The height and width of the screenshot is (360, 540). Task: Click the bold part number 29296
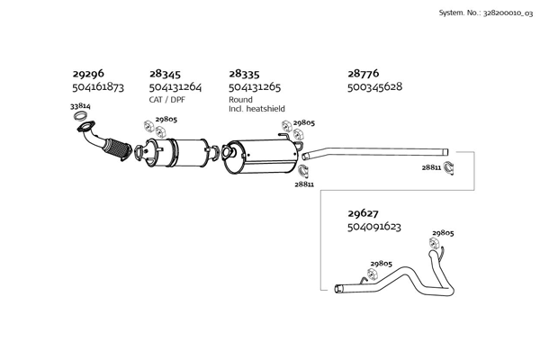(x=87, y=74)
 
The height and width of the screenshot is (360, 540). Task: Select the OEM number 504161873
(x=97, y=87)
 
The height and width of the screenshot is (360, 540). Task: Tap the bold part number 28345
(x=165, y=74)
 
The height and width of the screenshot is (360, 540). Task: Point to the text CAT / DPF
(x=166, y=100)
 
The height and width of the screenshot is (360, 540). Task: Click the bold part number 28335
(x=244, y=74)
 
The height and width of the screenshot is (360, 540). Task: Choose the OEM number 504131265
(x=255, y=87)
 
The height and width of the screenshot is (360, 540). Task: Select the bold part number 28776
(x=363, y=74)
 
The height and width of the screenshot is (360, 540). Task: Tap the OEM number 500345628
(x=374, y=87)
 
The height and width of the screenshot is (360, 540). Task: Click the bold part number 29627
(x=363, y=213)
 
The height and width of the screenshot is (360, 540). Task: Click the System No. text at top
(x=484, y=13)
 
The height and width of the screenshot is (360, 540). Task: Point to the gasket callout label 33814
(x=80, y=106)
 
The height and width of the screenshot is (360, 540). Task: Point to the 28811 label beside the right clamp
(x=431, y=167)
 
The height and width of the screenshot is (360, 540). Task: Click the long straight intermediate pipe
(x=378, y=150)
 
